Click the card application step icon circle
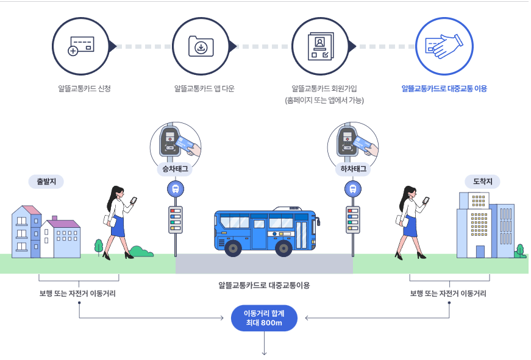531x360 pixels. click(x=81, y=46)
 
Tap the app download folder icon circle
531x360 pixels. click(x=201, y=46)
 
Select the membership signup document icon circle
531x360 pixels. click(x=321, y=46)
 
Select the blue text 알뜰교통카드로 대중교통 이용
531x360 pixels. click(x=444, y=89)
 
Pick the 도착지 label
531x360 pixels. click(x=482, y=182)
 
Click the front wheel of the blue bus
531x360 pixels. click(x=232, y=248)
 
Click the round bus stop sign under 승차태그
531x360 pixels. click(x=176, y=189)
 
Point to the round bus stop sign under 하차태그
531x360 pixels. click(x=352, y=189)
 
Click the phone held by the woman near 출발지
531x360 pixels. click(x=134, y=199)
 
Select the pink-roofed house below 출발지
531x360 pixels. click(x=26, y=231)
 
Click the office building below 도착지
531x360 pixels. click(x=482, y=225)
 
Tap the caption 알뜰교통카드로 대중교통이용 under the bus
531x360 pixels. click(x=264, y=284)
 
